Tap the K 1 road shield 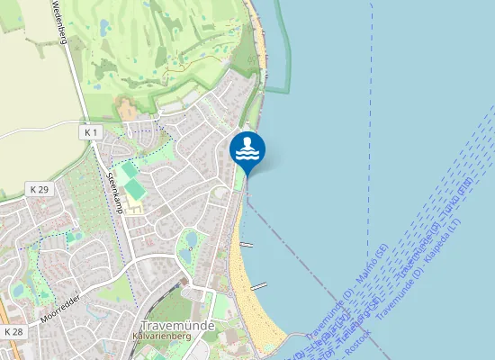click(x=89, y=132)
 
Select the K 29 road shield click(x=38, y=189)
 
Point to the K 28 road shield click(x=13, y=332)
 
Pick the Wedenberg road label click(x=55, y=18)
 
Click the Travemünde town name click(x=178, y=324)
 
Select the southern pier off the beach click(x=258, y=286)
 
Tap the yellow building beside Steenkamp click(x=136, y=208)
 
